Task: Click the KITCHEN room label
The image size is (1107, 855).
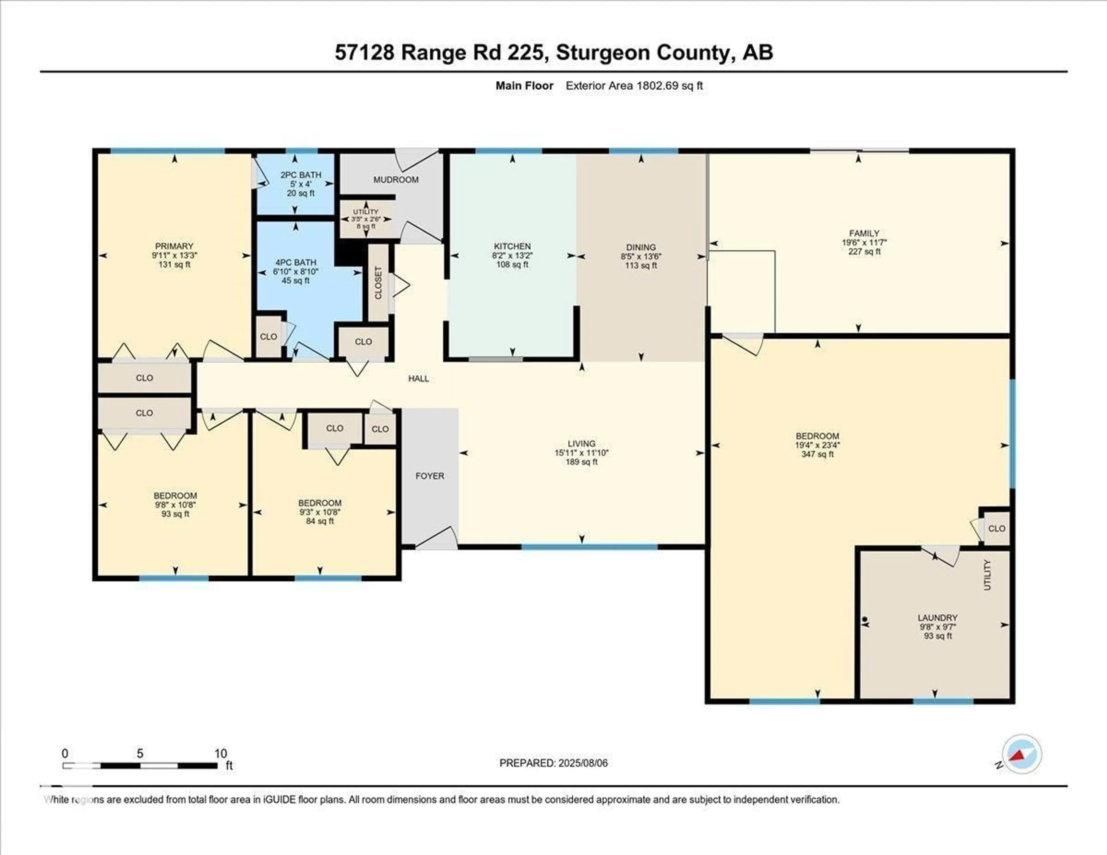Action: [x=512, y=246]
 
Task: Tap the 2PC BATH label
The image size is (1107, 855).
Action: [x=301, y=175]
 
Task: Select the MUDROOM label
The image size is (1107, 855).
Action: [x=396, y=179]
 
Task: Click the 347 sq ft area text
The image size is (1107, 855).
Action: [x=817, y=454]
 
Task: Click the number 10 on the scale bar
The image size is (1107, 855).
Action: [x=221, y=754]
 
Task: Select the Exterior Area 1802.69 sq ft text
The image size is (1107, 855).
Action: [x=634, y=86]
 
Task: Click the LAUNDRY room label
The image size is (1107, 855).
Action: [x=937, y=618]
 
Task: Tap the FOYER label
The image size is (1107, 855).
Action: [x=429, y=476]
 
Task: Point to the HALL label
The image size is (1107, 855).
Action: [x=419, y=378]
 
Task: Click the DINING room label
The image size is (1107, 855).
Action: [x=641, y=247]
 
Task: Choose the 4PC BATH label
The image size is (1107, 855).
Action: [x=295, y=263]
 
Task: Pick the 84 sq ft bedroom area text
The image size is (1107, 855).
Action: [x=319, y=521]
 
